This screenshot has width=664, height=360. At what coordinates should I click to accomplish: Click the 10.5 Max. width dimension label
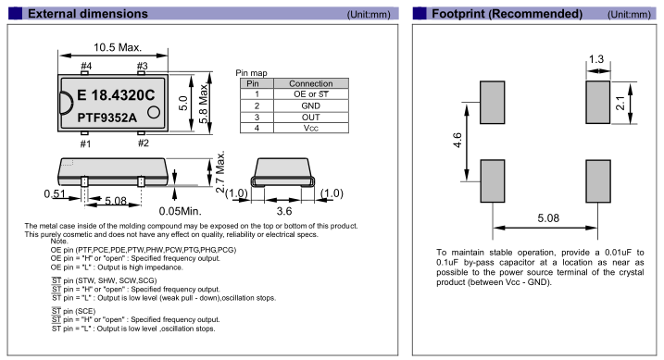(118, 47)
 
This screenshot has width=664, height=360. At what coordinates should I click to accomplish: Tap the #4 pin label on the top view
(86, 66)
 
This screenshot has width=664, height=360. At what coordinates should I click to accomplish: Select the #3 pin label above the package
(143, 66)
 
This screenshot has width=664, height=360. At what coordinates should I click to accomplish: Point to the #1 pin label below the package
(85, 143)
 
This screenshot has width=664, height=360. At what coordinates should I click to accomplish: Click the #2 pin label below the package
(144, 143)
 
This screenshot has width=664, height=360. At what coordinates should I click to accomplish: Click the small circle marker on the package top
(154, 112)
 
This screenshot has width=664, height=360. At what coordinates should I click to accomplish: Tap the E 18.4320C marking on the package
(116, 95)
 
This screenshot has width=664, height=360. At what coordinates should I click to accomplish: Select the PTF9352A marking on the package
(106, 118)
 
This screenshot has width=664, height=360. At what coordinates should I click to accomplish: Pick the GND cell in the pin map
(311, 106)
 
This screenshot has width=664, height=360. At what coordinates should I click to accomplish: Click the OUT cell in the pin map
(311, 118)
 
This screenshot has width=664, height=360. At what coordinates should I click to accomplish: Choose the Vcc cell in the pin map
(311, 129)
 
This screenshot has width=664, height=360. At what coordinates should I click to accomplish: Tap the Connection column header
(311, 83)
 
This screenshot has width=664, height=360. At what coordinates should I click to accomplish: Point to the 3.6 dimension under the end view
(284, 211)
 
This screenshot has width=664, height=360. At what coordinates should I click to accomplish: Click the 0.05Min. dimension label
(180, 211)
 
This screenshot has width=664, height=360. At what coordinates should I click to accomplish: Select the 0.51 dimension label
(55, 194)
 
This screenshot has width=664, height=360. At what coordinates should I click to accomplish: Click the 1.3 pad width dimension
(596, 59)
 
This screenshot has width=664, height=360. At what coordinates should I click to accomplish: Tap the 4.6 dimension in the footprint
(457, 140)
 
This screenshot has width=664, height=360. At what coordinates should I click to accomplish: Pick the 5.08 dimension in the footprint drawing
(548, 218)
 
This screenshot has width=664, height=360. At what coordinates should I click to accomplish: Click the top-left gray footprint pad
(492, 103)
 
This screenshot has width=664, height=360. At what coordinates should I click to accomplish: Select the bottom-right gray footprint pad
(598, 181)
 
